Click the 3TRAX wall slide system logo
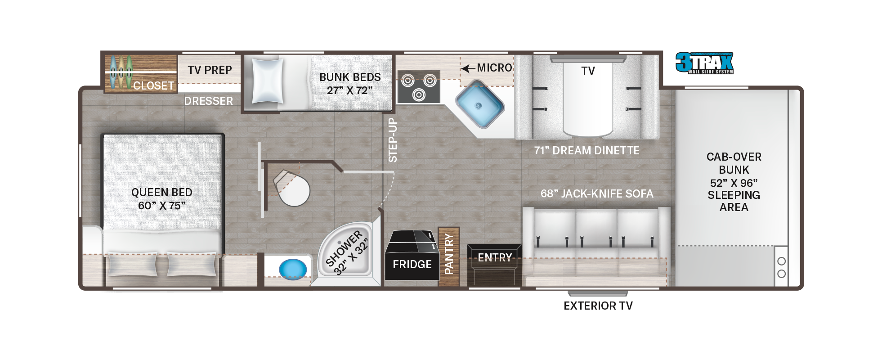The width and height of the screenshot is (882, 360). (x=704, y=63)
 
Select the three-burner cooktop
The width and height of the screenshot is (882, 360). (x=419, y=87)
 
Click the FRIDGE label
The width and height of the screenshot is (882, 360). (x=412, y=264)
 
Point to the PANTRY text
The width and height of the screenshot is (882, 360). (x=449, y=254)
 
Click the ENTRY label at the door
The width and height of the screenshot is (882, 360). (x=495, y=257)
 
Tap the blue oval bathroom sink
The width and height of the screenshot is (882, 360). (x=293, y=269)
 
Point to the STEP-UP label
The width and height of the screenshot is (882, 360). (x=393, y=140)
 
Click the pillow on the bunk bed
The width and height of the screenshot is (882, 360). (x=268, y=81)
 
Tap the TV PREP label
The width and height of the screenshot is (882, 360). (x=210, y=70)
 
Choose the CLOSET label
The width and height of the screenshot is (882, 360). (x=154, y=85)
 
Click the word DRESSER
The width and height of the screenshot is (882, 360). (x=209, y=101)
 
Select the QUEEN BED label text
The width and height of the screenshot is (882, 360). (x=162, y=192)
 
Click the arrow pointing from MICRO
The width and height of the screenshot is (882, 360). (x=468, y=68)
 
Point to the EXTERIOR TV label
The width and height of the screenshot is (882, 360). (x=598, y=306)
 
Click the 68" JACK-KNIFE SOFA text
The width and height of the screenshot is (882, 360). (x=597, y=193)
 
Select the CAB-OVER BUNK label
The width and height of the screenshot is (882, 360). (x=734, y=163)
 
